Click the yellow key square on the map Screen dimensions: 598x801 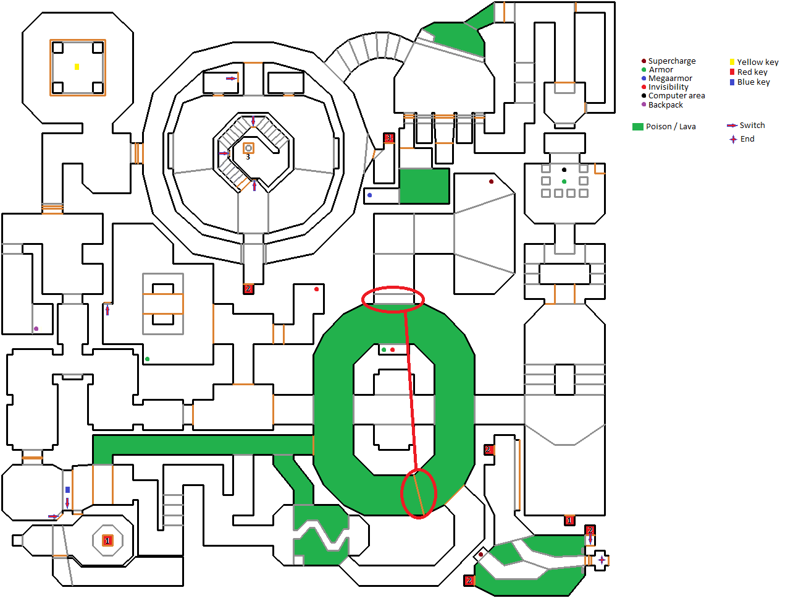tap(77, 67)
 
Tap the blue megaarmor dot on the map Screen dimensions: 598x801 tap(369, 195)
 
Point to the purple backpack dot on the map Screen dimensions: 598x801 tap(36, 329)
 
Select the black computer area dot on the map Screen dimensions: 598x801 tap(564, 169)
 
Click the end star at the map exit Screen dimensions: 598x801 tap(602, 560)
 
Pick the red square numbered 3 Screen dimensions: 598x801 tap(388, 138)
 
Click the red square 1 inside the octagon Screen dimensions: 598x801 tap(107, 540)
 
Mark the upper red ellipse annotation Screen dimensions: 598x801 tap(393, 299)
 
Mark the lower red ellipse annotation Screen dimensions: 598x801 tap(419, 493)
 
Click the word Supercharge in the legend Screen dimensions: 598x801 tap(672, 61)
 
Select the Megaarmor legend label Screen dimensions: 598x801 tap(670, 79)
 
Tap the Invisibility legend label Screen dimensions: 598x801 tap(668, 87)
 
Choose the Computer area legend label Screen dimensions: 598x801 tap(676, 96)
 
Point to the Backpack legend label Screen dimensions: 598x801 tap(665, 105)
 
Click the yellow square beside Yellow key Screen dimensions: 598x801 tap(732, 62)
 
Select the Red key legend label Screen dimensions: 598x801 tap(752, 72)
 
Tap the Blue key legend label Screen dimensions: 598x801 tap(753, 82)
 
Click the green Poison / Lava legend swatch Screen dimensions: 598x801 tap(638, 127)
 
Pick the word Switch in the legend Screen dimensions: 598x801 tap(752, 126)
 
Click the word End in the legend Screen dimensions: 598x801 tap(747, 139)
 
